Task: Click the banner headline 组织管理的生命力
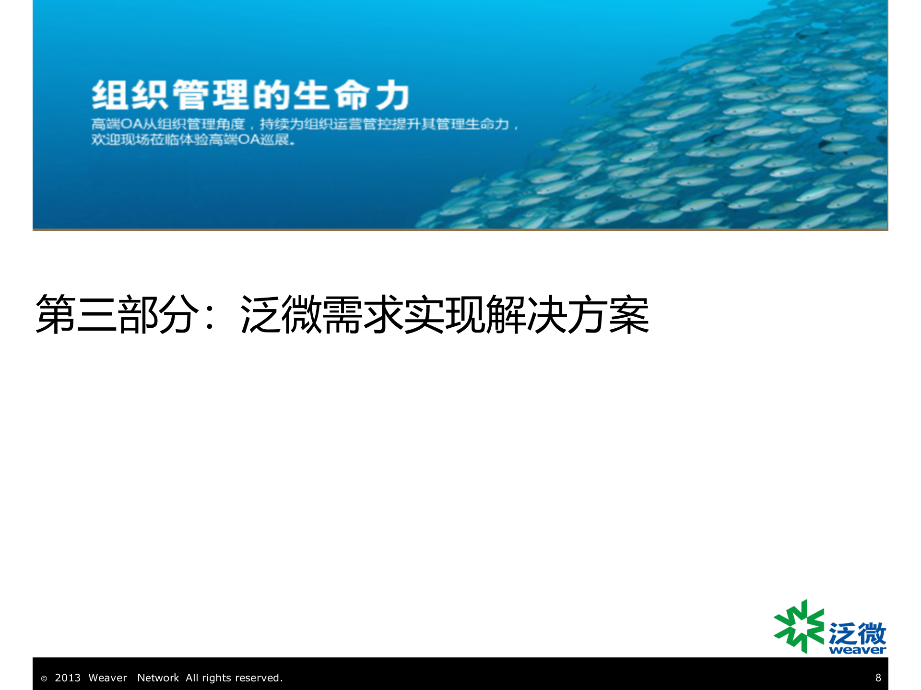(250, 95)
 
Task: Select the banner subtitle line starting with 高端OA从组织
(305, 125)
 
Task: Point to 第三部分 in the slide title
(118, 314)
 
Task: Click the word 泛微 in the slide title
(281, 314)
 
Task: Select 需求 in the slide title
(363, 314)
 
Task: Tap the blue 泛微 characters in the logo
(857, 633)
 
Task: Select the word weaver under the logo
(857, 650)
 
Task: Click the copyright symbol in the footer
(44, 678)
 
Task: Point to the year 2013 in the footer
(68, 678)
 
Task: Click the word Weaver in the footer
(108, 678)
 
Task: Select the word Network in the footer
(158, 678)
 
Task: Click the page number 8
(878, 678)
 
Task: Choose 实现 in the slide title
(444, 314)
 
